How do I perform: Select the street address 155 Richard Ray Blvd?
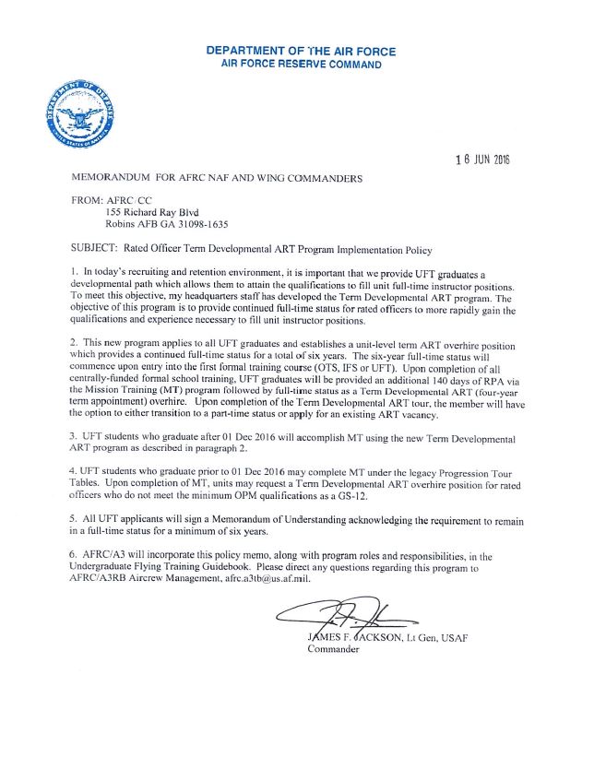157,211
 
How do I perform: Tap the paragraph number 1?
74,273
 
